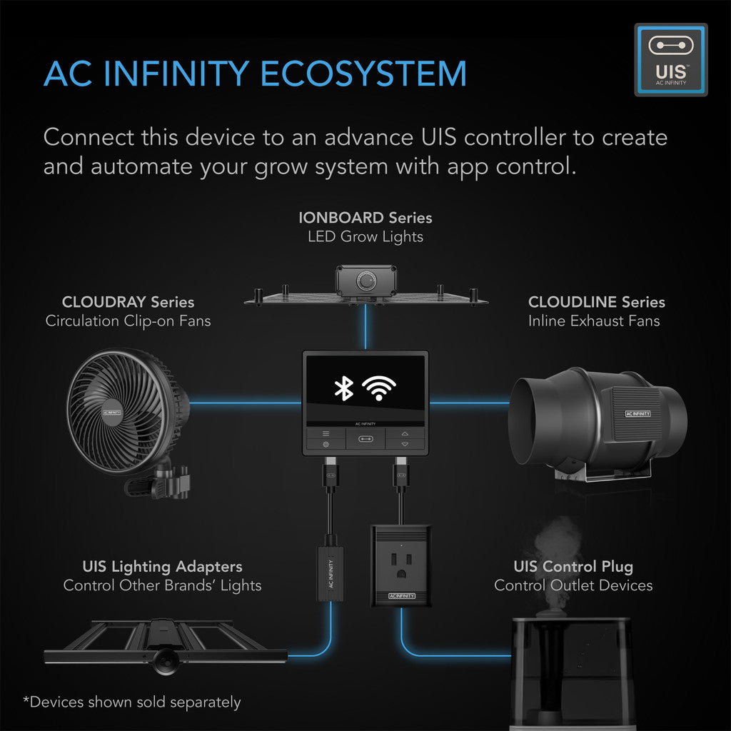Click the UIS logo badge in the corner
(x=670, y=60)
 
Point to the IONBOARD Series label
(x=365, y=217)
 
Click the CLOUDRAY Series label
(x=128, y=302)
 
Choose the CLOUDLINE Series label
(x=596, y=302)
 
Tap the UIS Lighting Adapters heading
(x=162, y=567)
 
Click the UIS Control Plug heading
(x=573, y=567)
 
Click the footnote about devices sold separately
(x=132, y=702)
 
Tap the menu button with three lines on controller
(x=326, y=433)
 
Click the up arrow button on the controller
(x=405, y=433)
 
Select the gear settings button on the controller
(x=326, y=445)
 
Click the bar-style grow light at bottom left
(x=164, y=646)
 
